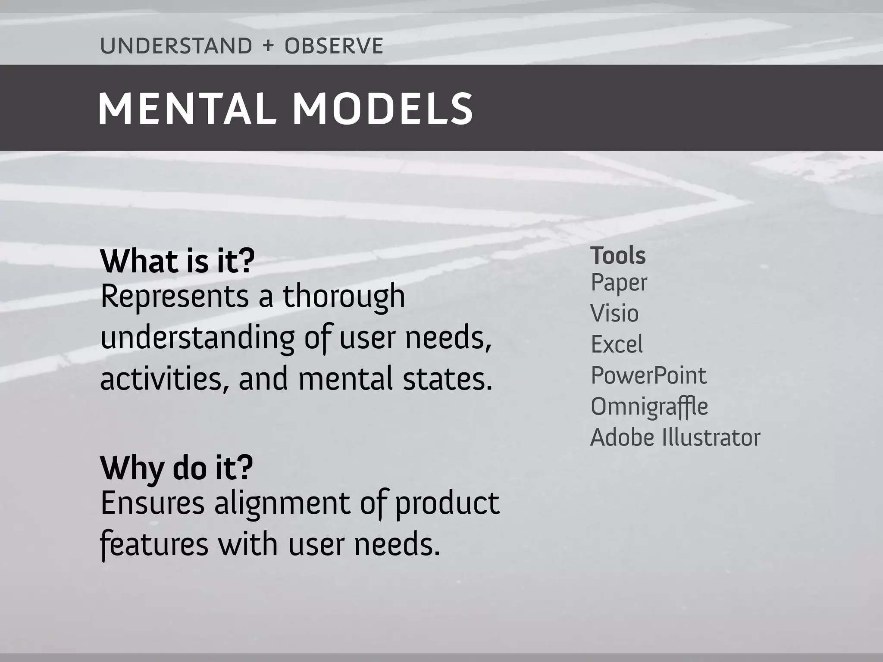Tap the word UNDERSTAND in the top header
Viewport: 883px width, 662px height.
coord(176,46)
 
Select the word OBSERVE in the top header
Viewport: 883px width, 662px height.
coord(334,46)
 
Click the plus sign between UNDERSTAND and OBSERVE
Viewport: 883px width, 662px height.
coord(268,46)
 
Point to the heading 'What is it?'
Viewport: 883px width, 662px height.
coord(177,261)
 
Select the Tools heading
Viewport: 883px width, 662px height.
coord(618,256)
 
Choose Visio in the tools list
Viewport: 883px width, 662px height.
coord(614,313)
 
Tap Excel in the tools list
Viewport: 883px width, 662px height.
coord(617,344)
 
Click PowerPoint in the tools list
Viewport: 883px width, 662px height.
coord(648,375)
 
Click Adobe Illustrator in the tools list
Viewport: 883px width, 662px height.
coord(675,438)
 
